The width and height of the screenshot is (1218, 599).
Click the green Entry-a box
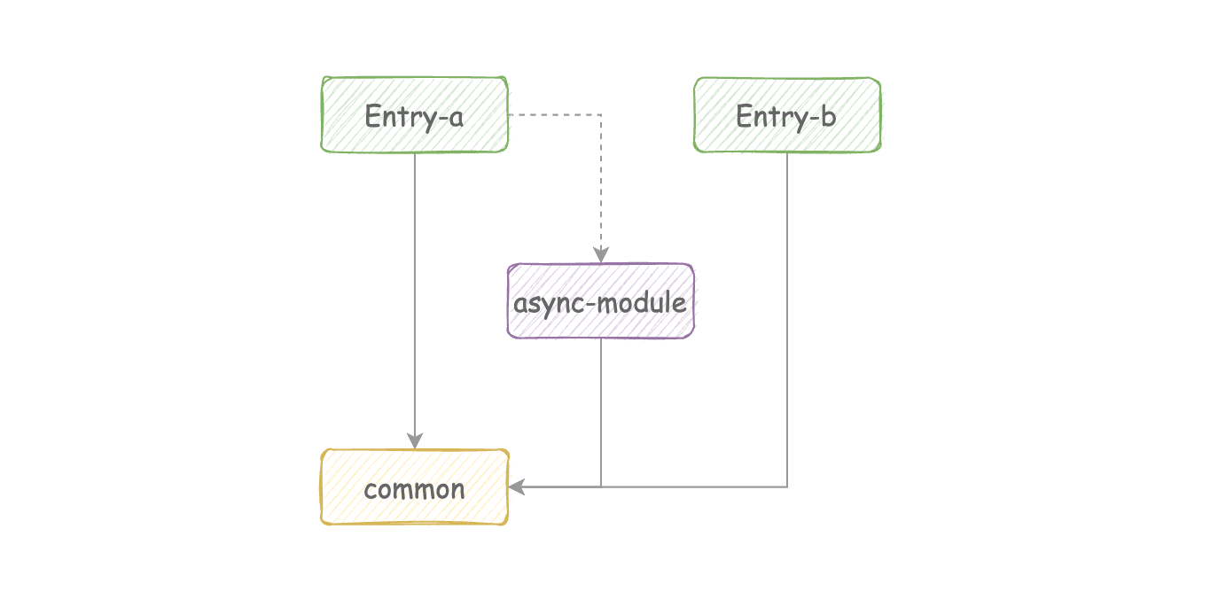(414, 114)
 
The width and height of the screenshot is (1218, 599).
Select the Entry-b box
(787, 114)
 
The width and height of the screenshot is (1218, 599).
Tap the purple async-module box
(601, 301)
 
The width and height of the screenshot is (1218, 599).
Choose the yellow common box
(414, 487)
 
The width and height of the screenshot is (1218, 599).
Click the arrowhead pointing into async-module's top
(601, 255)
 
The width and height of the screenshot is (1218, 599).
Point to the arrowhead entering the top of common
(415, 440)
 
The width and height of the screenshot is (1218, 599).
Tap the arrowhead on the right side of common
(517, 487)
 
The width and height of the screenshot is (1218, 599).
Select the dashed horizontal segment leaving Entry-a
(555, 114)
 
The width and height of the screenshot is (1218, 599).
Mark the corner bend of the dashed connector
(601, 114)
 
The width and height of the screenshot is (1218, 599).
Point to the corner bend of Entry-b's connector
(787, 487)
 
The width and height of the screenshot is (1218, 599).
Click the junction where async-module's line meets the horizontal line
(601, 487)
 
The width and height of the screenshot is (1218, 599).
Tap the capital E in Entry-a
(372, 116)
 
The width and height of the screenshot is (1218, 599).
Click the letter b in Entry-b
(828, 115)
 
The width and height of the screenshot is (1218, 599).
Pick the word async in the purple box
(547, 305)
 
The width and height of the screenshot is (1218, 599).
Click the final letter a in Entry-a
(456, 119)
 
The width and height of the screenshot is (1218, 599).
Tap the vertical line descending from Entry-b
(787, 320)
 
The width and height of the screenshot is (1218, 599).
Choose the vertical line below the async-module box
(601, 413)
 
